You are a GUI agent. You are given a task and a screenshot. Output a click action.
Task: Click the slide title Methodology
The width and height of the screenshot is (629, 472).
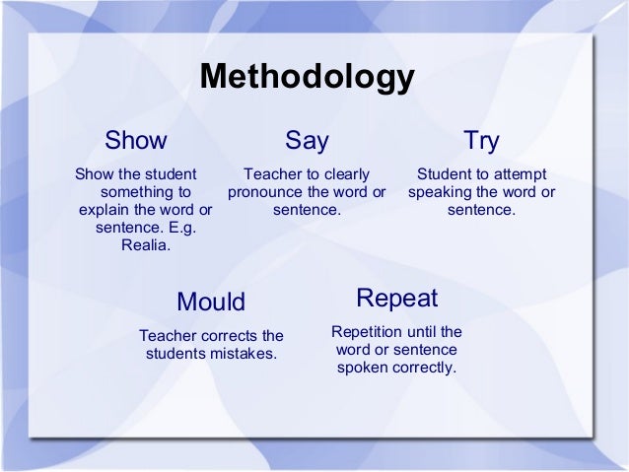tap(307, 79)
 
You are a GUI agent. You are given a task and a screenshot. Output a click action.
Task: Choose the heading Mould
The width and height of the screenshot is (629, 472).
tap(210, 301)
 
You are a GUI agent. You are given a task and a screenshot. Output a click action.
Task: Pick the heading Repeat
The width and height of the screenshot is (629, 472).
tap(396, 298)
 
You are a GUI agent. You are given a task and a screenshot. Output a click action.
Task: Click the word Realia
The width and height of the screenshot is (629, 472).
tap(145, 246)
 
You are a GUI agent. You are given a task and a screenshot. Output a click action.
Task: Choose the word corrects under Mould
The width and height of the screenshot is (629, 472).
tap(225, 335)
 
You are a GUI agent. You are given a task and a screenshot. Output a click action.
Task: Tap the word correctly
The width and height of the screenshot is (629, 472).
tap(423, 369)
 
